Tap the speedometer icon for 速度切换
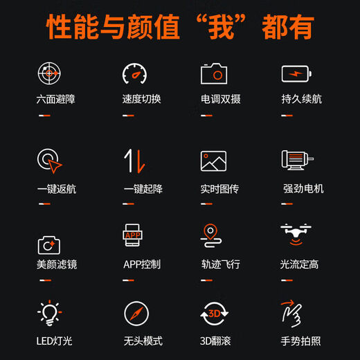pyautogui.click(x=135, y=73)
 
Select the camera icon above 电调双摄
pyautogui.click(x=214, y=73)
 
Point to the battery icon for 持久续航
pyautogui.click(x=296, y=73)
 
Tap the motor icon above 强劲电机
pyautogui.click(x=297, y=161)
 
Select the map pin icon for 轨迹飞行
pyautogui.click(x=211, y=237)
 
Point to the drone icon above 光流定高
pyautogui.click(x=296, y=235)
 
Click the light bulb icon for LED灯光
pyautogui.click(x=49, y=313)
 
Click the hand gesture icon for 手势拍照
pyautogui.click(x=293, y=314)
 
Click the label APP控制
pyautogui.click(x=142, y=264)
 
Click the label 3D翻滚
pyautogui.click(x=220, y=341)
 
